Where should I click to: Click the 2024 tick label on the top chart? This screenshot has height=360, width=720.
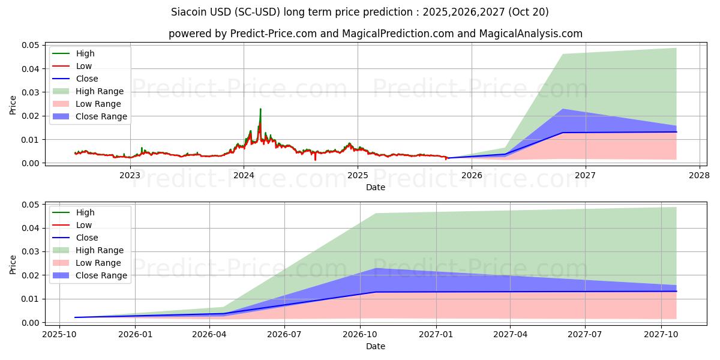[244, 175]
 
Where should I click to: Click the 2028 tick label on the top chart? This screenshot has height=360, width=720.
[700, 175]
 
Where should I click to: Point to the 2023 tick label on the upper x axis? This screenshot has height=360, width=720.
[130, 175]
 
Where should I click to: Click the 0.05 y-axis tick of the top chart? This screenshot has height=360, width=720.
[31, 45]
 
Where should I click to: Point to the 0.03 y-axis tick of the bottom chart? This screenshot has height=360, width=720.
[31, 252]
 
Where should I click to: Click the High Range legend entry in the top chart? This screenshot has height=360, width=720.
[100, 91]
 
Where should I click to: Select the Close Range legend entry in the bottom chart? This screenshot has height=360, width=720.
[101, 275]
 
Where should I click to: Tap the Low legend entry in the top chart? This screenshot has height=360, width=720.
[84, 66]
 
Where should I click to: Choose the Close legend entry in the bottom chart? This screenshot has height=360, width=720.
[86, 238]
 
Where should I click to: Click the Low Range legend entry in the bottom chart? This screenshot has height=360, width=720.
[98, 263]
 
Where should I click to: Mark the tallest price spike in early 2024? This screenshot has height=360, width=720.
[260, 109]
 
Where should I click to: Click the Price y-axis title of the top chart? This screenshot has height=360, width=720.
[13, 104]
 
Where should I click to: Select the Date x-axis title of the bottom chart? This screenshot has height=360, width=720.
[376, 346]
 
